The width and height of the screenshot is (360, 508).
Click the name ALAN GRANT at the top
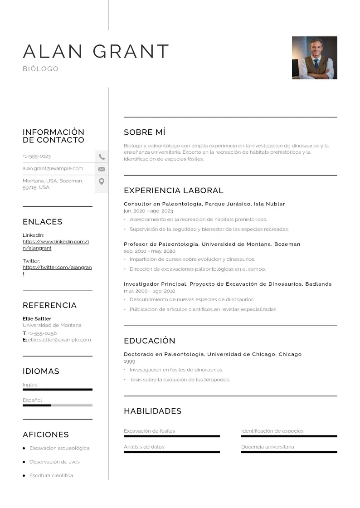96,51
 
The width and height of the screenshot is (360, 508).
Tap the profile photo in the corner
314,58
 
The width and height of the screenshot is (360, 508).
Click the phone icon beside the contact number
102,157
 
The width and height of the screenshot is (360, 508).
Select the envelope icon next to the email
102,169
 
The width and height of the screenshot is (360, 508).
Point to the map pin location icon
102,181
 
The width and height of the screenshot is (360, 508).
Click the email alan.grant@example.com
53,168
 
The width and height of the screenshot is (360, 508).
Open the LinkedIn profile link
56,245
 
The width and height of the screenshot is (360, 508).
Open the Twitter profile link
57,270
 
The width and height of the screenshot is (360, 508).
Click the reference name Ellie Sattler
37,319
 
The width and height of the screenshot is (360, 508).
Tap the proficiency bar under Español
57,405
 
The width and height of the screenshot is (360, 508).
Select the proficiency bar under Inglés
57,389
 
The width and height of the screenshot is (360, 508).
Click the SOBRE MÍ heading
145,132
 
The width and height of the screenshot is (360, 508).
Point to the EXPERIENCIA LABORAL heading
174,190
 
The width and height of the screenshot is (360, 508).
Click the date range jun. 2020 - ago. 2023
148,211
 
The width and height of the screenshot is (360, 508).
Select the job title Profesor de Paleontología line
212,244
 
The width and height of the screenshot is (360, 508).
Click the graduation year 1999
129,361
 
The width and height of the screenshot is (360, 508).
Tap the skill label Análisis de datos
144,447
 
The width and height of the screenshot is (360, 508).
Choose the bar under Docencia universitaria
289,452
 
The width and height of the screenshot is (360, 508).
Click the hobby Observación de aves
54,462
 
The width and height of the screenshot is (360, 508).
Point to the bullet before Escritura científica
24,475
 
